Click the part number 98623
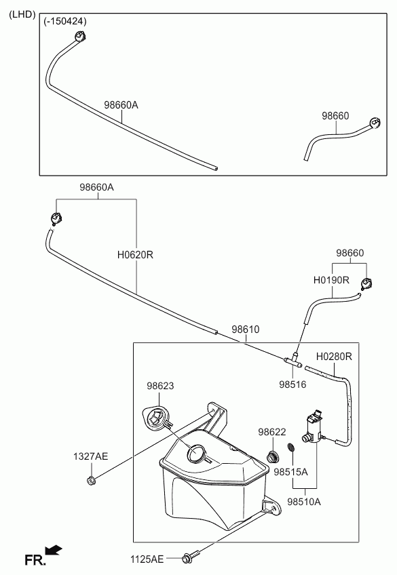[x=160, y=386]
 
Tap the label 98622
[x=272, y=432]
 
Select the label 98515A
[x=290, y=471]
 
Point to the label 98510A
[x=304, y=501]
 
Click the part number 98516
[x=292, y=384]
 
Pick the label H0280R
[x=334, y=356]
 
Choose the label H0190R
[x=331, y=280]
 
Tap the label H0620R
[x=135, y=254]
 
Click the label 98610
[x=246, y=330]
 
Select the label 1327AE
[x=91, y=456]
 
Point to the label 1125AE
[x=147, y=559]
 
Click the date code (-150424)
[x=65, y=21]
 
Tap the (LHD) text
[x=22, y=14]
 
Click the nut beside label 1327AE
[x=91, y=480]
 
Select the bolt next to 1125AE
[x=191, y=557]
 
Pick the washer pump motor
[x=314, y=427]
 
